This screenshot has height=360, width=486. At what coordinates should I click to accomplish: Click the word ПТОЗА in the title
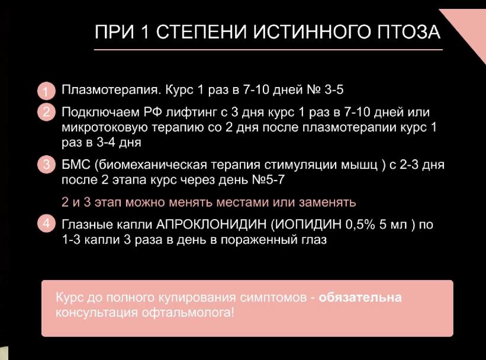coord(408,31)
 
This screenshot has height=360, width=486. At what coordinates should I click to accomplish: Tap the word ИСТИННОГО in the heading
coord(312,31)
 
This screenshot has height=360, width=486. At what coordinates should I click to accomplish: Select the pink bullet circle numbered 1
coord(46,91)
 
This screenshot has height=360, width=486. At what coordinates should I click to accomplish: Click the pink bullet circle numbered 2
coord(46,112)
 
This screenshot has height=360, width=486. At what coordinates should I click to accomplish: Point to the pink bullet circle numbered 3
coord(46,164)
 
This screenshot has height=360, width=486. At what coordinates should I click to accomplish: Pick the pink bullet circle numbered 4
coord(46,223)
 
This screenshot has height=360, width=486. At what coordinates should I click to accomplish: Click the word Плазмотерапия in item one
coord(111,90)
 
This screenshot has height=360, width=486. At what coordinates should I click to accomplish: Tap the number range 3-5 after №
coord(334,90)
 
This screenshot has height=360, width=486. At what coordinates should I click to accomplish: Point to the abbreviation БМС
coord(76,165)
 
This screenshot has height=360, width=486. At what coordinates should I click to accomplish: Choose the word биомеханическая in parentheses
coord(150,165)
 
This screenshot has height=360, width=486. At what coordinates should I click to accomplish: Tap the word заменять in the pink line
coord(327,202)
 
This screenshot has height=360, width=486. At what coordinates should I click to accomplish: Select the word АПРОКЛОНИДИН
coord(211,224)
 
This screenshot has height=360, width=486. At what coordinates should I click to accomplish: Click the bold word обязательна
coord(360,297)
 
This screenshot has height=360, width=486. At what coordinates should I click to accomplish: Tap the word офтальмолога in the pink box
coord(188,312)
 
